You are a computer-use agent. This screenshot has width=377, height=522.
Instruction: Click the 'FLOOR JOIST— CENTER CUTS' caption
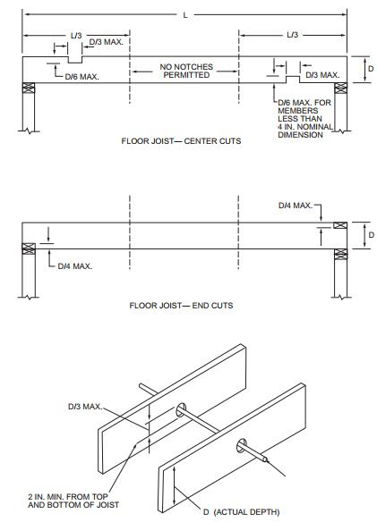coord(181,141)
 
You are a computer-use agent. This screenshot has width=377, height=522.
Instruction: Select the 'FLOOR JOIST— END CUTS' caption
coord(181,306)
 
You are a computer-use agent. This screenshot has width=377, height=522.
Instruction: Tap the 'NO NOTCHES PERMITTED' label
coord(186,71)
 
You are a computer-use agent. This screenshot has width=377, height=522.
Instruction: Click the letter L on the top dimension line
coord(185,15)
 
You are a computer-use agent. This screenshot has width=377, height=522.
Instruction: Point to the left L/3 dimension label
coord(76,35)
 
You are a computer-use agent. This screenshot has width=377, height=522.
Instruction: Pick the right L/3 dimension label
coord(292,35)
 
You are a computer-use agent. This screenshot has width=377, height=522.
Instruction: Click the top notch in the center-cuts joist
coord(75,60)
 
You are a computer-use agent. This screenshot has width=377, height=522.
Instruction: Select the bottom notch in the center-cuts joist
coord(293,80)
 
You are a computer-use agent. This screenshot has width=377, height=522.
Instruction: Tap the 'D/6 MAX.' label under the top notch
coord(81,77)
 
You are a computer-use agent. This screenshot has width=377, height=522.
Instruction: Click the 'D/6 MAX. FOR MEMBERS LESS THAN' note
coord(304,110)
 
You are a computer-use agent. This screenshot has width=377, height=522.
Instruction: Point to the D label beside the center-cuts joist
coord(371,69)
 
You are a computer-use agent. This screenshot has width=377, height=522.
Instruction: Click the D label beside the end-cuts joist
coord(371,235)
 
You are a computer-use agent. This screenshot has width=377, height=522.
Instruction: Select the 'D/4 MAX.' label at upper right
coord(296,206)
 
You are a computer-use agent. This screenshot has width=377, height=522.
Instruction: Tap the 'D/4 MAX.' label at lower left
coord(75,266)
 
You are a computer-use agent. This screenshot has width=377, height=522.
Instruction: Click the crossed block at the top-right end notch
coord(340,225)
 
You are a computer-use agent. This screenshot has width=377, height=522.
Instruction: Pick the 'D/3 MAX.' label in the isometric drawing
coord(85,407)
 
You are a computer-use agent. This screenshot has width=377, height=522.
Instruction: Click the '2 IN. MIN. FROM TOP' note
coord(68,497)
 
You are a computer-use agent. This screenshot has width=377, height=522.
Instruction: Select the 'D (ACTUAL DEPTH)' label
coord(242,511)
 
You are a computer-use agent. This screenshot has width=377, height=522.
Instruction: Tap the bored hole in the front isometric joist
coord(241,445)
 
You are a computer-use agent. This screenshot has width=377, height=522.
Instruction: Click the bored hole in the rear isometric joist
coord(181,409)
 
